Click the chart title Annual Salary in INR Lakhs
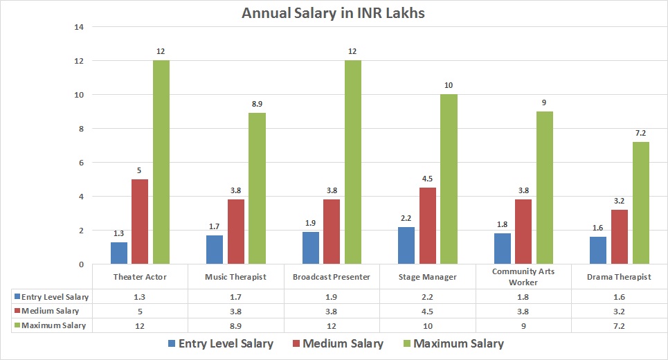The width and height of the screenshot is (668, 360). pyautogui.click(x=333, y=13)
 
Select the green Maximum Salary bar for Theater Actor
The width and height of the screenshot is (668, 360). pyautogui.click(x=161, y=162)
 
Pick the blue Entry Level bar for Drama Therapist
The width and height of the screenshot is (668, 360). pyautogui.click(x=598, y=250)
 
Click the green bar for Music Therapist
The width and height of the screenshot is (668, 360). pyautogui.click(x=257, y=188)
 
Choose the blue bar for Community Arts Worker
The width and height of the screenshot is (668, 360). pyautogui.click(x=503, y=249)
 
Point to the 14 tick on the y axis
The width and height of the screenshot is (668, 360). pyautogui.click(x=78, y=27)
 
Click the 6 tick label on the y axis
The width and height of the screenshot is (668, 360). pyautogui.click(x=80, y=163)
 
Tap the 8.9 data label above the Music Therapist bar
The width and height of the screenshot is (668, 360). pyautogui.click(x=257, y=103)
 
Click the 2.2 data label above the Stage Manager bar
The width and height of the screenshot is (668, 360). pyautogui.click(x=406, y=217)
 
